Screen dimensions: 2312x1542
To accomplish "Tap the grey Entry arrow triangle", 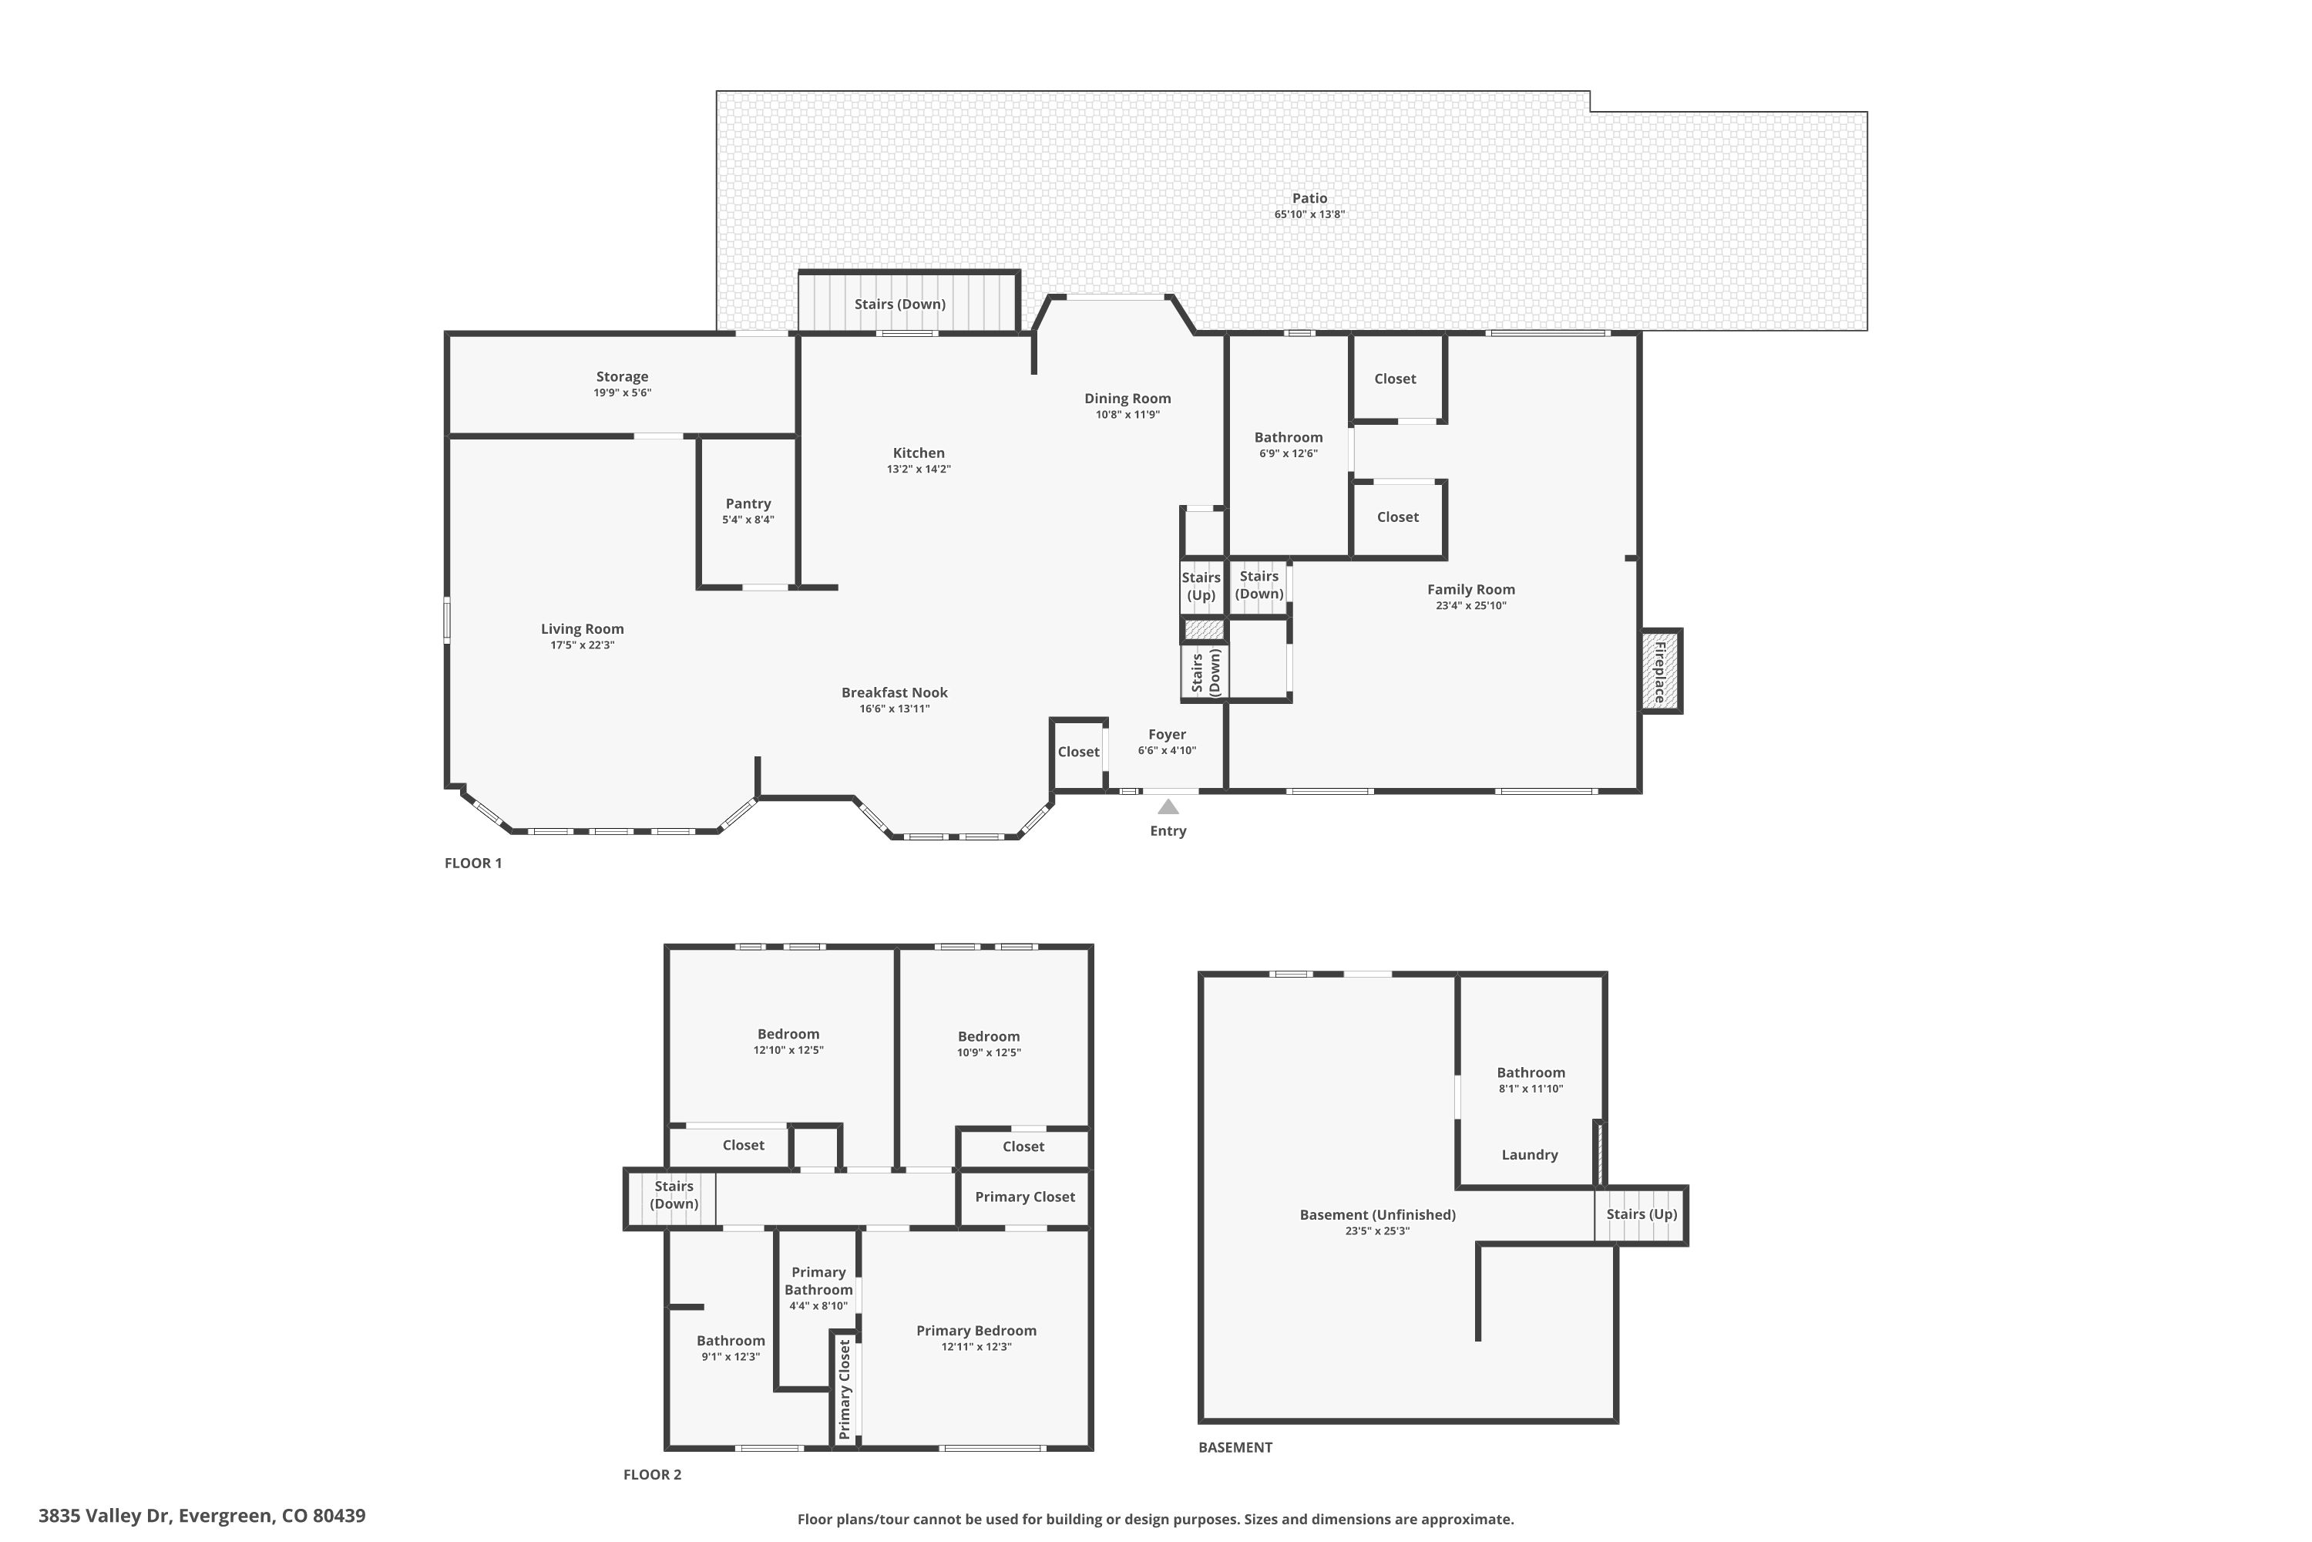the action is tap(1168, 806).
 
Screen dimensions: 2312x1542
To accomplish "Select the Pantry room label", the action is tap(748, 503).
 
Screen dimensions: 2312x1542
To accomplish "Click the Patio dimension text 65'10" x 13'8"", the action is tap(1309, 214).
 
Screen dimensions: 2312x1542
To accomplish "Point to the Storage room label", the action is tap(622, 377).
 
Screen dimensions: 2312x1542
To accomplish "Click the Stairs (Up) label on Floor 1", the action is tap(1201, 586).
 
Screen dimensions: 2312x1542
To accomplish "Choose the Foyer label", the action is tap(1167, 735).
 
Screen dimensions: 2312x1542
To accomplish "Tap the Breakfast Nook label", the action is tap(895, 692).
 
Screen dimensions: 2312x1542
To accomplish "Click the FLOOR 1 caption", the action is tap(473, 864).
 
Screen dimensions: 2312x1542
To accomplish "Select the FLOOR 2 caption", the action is tap(652, 1474).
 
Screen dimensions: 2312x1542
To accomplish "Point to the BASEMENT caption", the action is tap(1235, 1448).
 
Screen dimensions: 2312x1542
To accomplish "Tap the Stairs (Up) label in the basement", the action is tap(1642, 1214).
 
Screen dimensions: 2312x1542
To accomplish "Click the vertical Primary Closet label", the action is tap(845, 1389).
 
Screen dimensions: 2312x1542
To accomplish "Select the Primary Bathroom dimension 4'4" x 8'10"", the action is tap(818, 1306).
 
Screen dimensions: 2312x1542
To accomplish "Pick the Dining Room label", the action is tap(1127, 399).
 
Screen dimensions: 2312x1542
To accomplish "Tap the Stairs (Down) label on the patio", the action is tap(899, 305).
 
